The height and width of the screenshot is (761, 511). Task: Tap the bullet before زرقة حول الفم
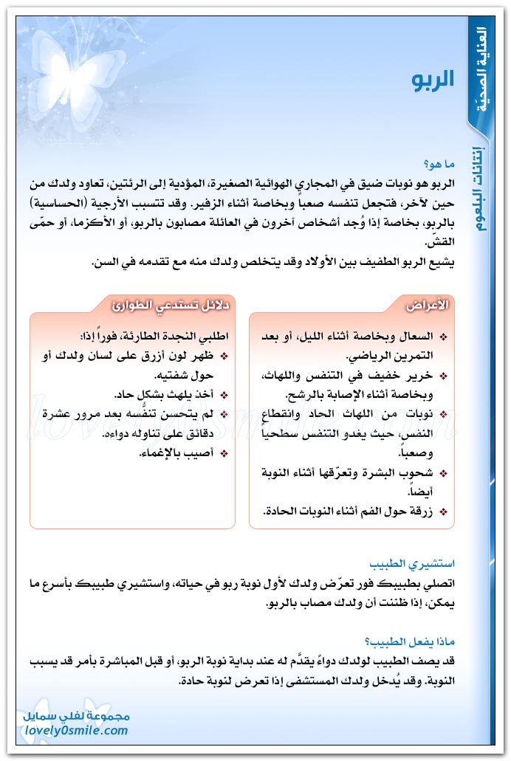coord(442,511)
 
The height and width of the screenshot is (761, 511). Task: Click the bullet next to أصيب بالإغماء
coord(223,453)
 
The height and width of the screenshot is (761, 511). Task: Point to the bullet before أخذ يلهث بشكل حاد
coord(223,395)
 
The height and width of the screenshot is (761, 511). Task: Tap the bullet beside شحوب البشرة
coord(442,472)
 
